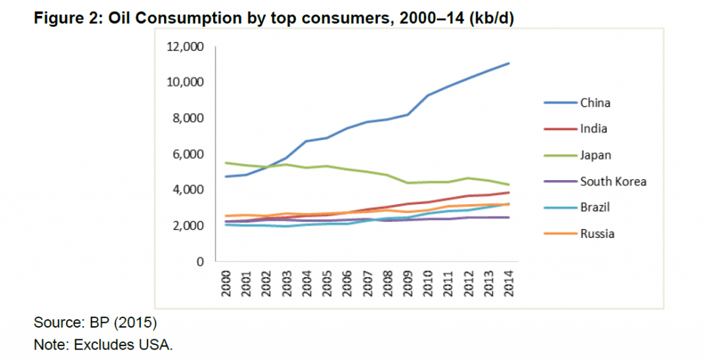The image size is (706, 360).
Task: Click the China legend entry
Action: tap(595, 103)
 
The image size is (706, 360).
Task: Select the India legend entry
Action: tap(593, 129)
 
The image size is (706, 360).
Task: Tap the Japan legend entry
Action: tap(595, 155)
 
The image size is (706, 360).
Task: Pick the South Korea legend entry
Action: tap(612, 181)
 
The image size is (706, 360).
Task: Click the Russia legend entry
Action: tap(596, 233)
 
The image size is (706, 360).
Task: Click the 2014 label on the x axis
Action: tap(510, 284)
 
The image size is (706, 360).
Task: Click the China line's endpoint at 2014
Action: tap(509, 63)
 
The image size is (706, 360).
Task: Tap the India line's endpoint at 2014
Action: tap(509, 192)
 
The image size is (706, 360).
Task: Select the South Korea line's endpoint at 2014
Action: tap(509, 217)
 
